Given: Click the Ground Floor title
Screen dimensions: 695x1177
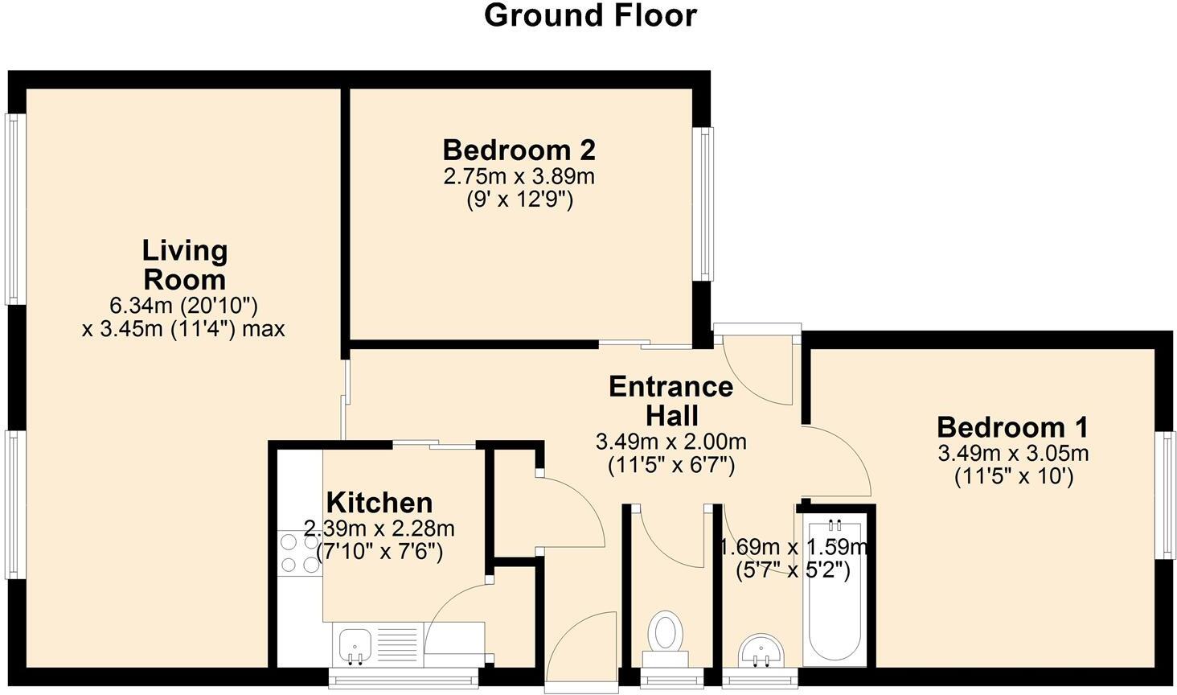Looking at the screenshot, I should click(x=589, y=16).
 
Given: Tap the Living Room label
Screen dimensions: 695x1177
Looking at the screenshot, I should click(x=185, y=265).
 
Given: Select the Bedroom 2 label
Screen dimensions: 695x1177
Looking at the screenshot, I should click(x=519, y=150).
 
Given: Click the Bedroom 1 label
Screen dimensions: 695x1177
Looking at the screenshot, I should click(x=1012, y=427).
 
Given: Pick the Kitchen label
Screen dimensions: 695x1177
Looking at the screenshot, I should click(x=379, y=503).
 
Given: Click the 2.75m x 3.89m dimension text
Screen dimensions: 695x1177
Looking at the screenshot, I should click(x=519, y=176).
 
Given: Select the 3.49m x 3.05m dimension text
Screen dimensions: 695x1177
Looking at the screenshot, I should click(x=1013, y=454).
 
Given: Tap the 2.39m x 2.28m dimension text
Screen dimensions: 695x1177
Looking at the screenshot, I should click(x=379, y=529).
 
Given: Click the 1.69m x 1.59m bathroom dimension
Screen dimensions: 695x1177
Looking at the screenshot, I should click(x=793, y=549).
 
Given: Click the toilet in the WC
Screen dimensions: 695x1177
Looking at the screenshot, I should click(x=665, y=634).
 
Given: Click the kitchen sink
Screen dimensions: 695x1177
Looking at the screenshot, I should click(x=355, y=645).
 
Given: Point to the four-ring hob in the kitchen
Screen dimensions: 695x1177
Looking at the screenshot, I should click(x=299, y=553).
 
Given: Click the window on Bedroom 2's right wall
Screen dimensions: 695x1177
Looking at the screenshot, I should click(x=704, y=204).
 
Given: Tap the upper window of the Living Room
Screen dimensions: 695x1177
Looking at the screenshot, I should click(x=12, y=209).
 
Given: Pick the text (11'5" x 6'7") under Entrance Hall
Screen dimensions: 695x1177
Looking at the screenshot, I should click(x=671, y=466).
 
